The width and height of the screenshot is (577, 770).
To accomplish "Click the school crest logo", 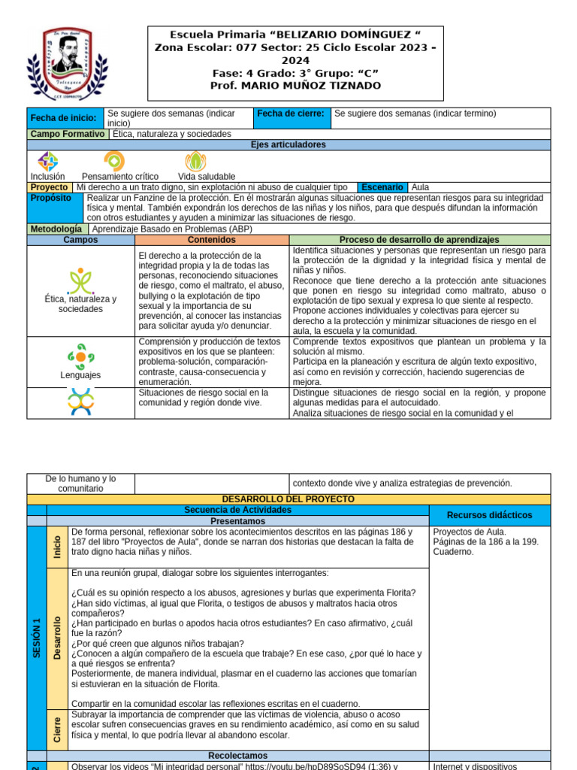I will coord(63,64).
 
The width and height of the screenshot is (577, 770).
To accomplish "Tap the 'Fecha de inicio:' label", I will coord(64,118).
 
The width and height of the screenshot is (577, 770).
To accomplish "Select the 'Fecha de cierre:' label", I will coord(291,114).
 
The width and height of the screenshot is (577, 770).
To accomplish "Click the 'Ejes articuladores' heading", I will coord(288,144).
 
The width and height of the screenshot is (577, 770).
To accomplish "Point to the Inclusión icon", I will coord(48,161).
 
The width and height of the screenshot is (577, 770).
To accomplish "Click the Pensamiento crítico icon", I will coord(114,161).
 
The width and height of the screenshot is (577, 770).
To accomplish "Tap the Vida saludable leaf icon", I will coord(195,161).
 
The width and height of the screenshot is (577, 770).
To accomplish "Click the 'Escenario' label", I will coord(383,187).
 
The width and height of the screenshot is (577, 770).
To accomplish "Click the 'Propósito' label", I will coord(51,198).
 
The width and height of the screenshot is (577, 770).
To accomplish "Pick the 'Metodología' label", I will coord(56,229).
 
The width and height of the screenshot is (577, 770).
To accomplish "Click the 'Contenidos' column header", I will coord(211,240).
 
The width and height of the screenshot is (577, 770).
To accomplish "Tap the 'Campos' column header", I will coord(80,240).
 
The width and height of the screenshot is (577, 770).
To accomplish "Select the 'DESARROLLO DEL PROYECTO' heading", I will coord(288,499).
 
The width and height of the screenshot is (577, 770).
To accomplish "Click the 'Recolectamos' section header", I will coord(237,755).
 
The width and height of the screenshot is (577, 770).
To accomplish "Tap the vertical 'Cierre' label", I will coord(57,729).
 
